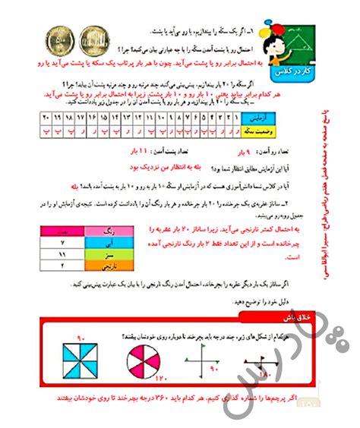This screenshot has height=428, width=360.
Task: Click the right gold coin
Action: pos(92,36)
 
